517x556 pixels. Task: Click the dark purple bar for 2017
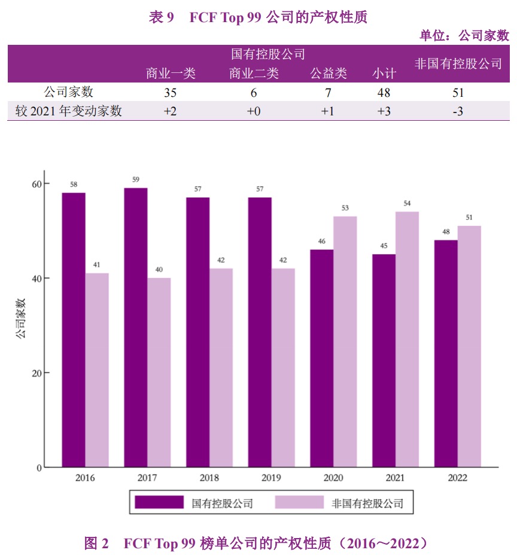(136, 328)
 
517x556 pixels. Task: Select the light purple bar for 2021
(407, 340)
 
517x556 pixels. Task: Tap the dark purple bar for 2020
(321, 358)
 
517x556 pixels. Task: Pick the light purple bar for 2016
(97, 370)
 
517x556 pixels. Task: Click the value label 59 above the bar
(136, 180)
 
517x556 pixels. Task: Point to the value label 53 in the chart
(345, 208)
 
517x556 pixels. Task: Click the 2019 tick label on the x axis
(271, 478)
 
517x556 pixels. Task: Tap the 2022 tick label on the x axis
(457, 478)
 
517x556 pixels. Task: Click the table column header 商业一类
(171, 74)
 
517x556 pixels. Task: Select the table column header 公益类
(328, 74)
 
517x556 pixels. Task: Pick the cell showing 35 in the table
(170, 93)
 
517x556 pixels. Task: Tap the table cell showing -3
(457, 111)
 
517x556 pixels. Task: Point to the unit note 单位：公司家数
(464, 36)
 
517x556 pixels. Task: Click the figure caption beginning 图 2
(258, 543)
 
